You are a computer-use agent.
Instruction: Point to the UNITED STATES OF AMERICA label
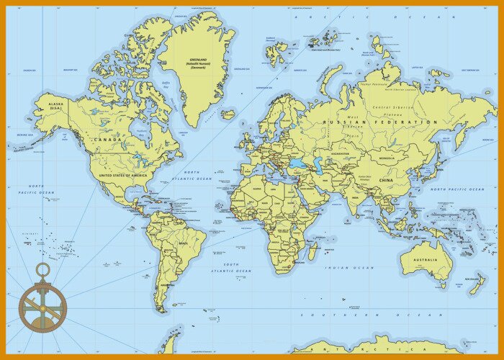(x=122, y=175)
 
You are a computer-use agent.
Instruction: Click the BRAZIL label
(x=184, y=243)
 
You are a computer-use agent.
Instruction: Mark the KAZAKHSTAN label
(x=341, y=153)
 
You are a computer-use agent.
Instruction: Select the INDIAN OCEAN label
(x=351, y=267)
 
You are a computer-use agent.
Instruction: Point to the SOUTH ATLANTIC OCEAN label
(x=231, y=267)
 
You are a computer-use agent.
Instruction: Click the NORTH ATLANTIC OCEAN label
(x=192, y=175)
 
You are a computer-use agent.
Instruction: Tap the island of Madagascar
(x=314, y=251)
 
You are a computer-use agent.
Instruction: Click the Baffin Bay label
(x=166, y=85)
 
